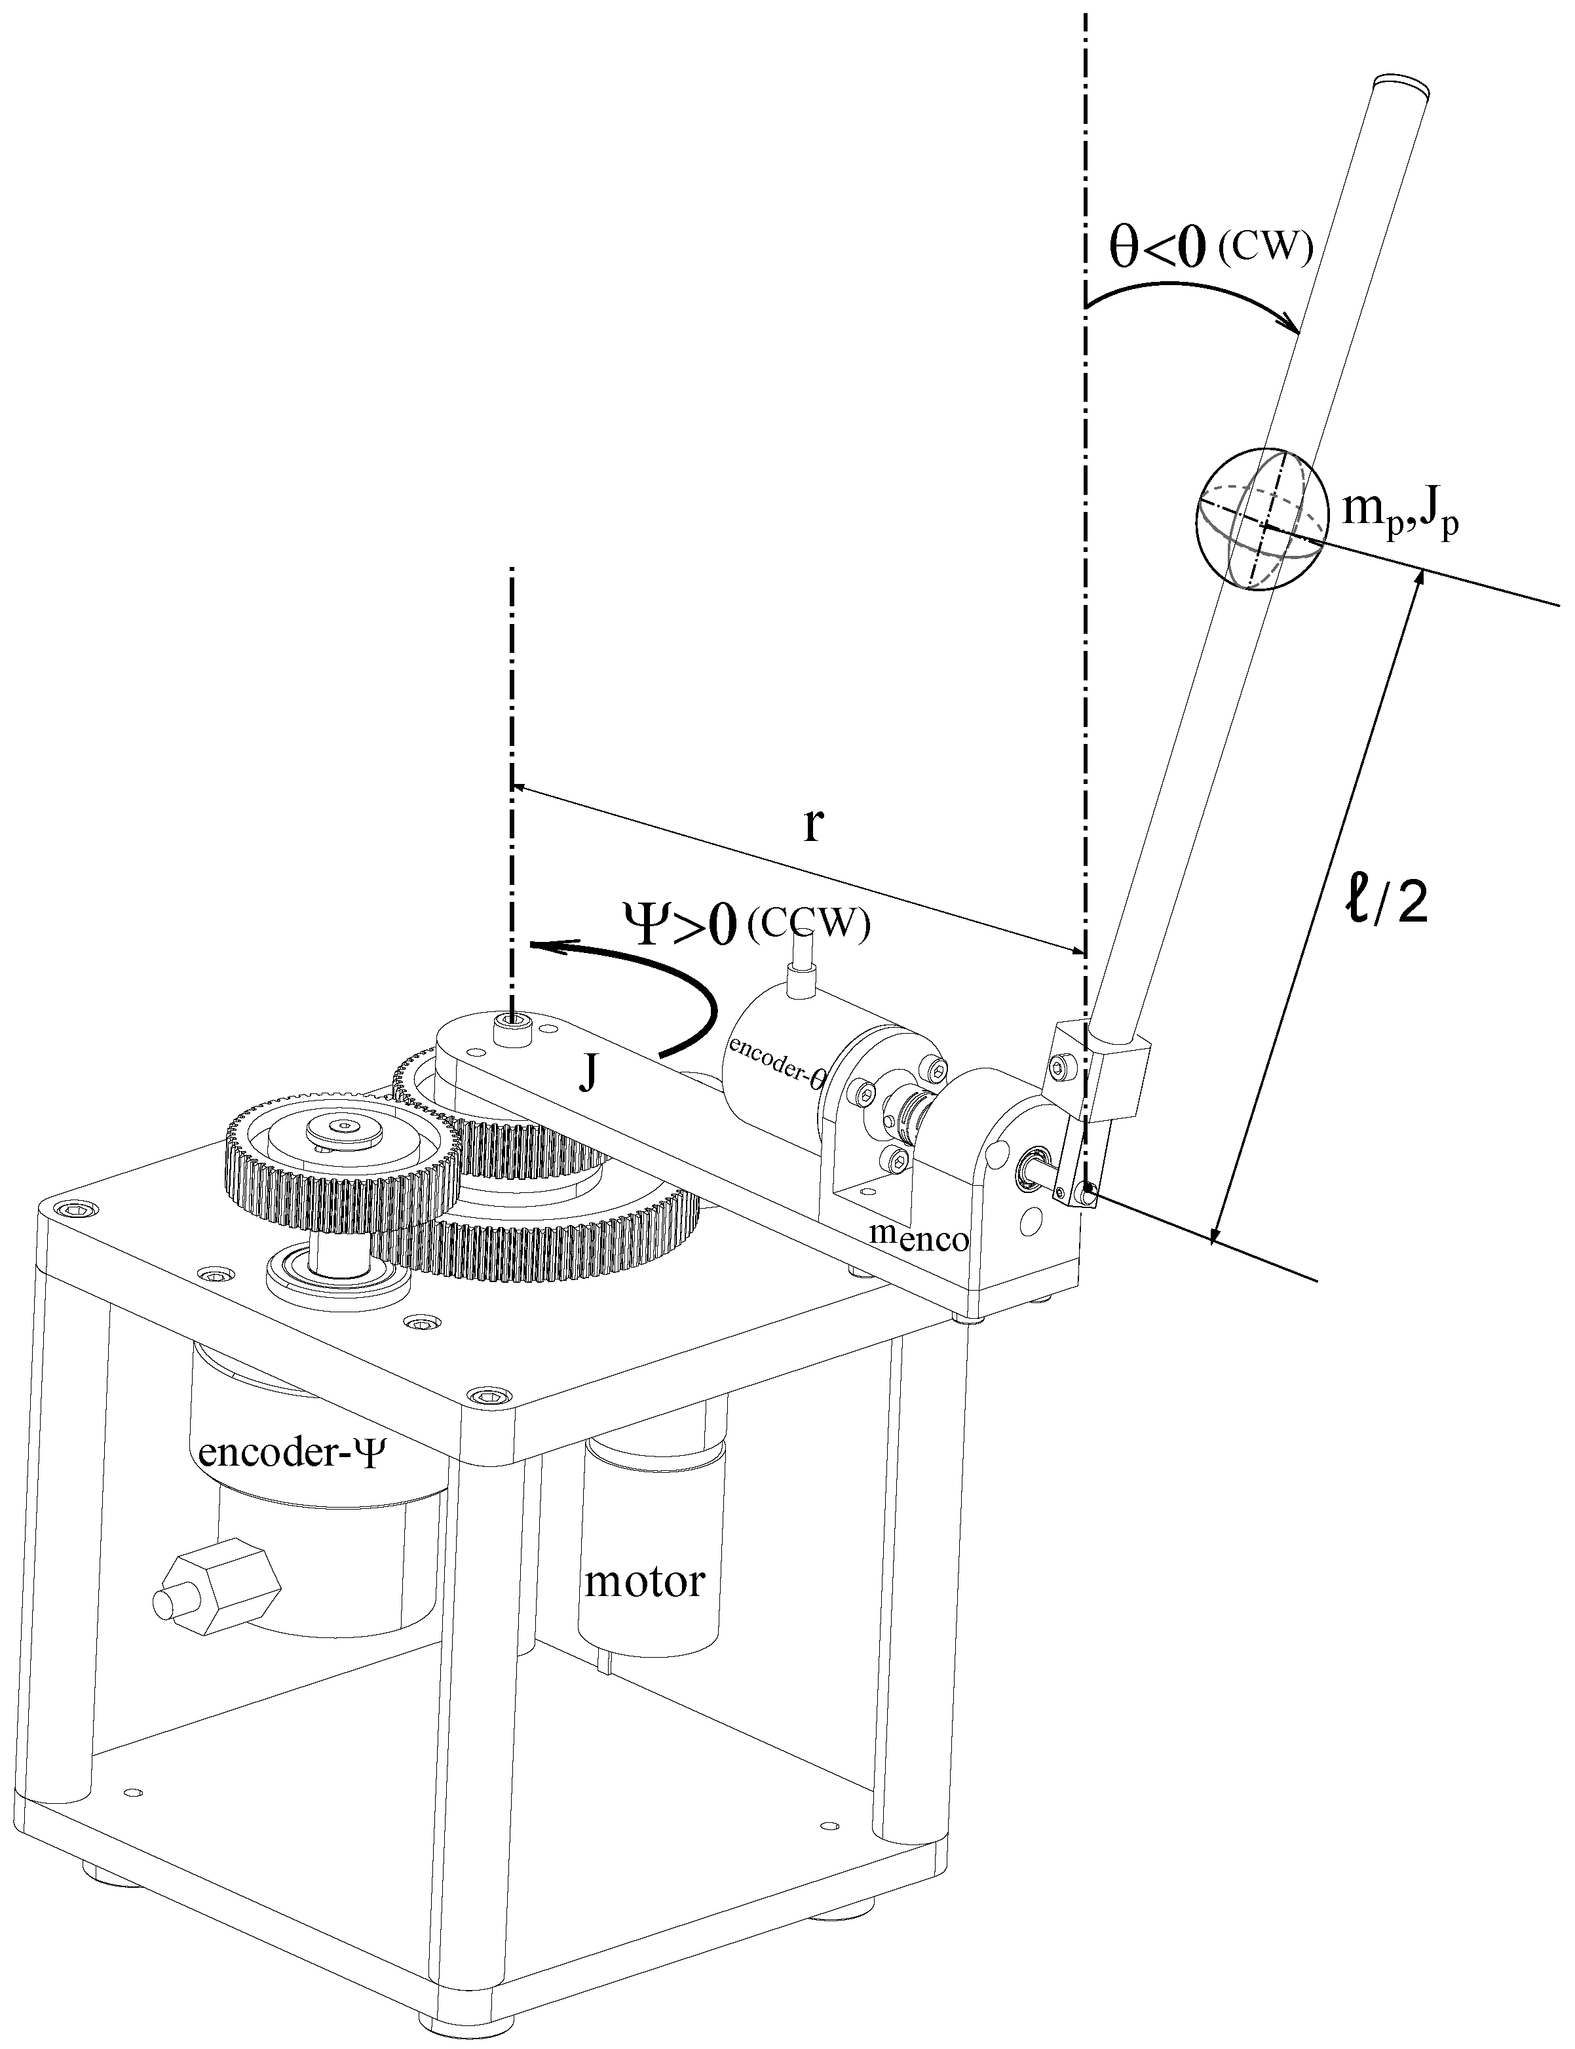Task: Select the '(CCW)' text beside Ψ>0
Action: pyautogui.click(x=809, y=926)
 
